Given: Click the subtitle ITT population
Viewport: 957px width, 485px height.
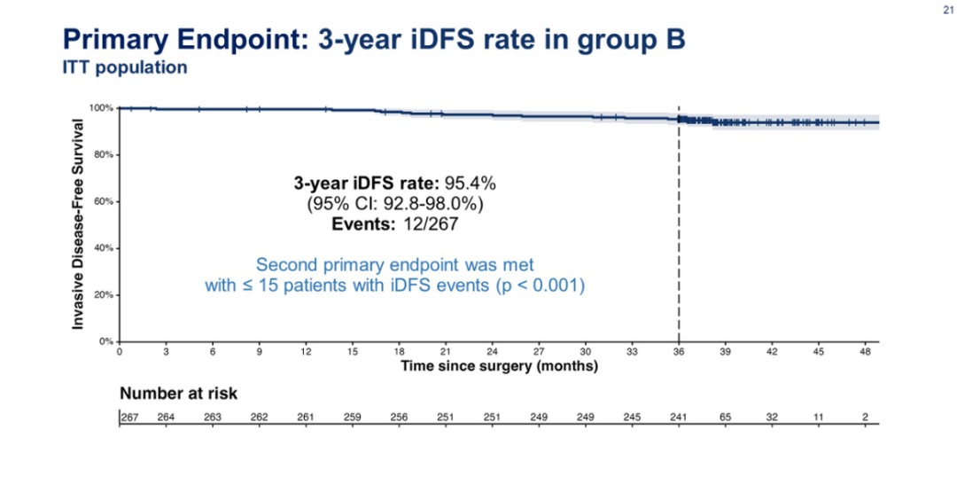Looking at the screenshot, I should [x=124, y=68].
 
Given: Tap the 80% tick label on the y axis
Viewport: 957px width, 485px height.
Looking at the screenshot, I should [x=103, y=154].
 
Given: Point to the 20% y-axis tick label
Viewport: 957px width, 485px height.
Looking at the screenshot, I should [x=103, y=294].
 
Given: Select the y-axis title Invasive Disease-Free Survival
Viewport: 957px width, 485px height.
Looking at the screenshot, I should [x=78, y=223].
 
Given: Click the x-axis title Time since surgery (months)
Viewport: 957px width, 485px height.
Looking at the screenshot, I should [x=499, y=366].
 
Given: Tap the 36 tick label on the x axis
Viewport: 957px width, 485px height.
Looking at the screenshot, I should [x=679, y=352].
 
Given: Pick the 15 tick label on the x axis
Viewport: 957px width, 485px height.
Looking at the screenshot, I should [x=353, y=352].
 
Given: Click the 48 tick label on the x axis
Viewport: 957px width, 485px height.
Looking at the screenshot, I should [x=865, y=352].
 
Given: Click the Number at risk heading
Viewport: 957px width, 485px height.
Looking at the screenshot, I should [x=178, y=393].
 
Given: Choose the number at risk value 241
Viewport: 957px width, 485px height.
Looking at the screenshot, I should [x=679, y=417].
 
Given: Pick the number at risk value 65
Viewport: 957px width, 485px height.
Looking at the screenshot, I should [x=725, y=417].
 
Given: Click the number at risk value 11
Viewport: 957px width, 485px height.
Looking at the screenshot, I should [x=818, y=417].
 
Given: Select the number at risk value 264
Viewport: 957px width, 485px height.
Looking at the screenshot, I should [x=166, y=417].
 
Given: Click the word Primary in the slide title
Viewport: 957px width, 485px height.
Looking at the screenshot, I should [x=119, y=38].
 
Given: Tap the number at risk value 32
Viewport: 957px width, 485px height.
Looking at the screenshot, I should [x=772, y=417].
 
